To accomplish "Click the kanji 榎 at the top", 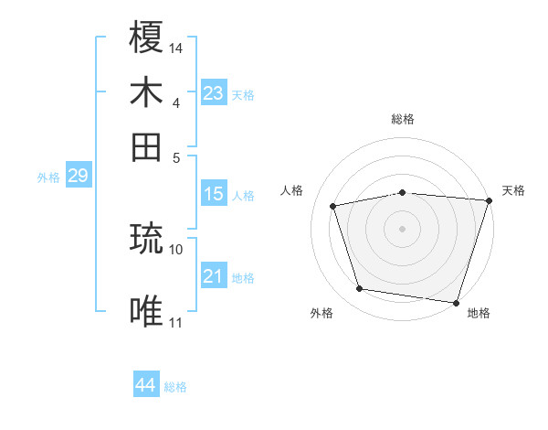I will [x=146, y=38].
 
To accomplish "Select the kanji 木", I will [x=146, y=92].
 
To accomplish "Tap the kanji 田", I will [x=146, y=146].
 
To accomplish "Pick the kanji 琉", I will [x=146, y=239].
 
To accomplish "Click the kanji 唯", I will [x=146, y=312].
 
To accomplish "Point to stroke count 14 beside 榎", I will [x=176, y=47].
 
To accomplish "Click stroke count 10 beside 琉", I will [x=176, y=248].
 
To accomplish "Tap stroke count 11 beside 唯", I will [x=176, y=322].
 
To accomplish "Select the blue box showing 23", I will [x=213, y=92].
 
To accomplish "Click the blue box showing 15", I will [x=213, y=194].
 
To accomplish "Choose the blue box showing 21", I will [x=213, y=275].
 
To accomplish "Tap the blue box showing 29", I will [x=78, y=176].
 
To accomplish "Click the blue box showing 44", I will [x=145, y=385].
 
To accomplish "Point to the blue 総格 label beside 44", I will [x=175, y=387].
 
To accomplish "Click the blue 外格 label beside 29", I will [x=48, y=177].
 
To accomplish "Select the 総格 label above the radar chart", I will [x=403, y=119].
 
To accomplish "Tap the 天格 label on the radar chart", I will [x=513, y=190].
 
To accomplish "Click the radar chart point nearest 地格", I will [x=457, y=302].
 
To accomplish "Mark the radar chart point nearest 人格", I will [x=334, y=206].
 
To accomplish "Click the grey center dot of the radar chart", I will [x=403, y=228].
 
